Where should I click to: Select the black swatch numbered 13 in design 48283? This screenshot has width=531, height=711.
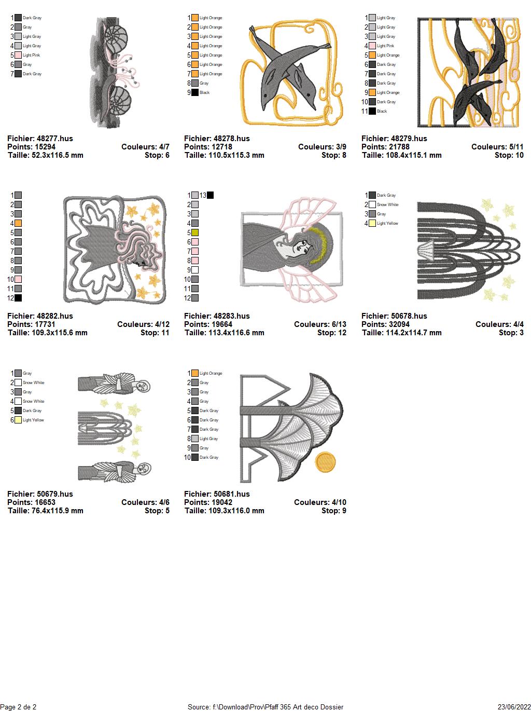210,195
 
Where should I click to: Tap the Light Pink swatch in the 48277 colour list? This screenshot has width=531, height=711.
18,55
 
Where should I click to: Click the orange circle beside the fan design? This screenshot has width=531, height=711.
325,462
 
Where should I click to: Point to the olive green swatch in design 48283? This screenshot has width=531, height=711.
195,233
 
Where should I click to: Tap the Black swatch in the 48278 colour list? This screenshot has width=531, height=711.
195,93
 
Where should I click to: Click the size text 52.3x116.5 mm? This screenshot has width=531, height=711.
57,155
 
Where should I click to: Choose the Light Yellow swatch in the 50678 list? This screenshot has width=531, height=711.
372,223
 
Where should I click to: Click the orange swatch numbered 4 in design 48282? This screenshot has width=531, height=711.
18,223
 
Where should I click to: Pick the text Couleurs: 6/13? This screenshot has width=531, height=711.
320,324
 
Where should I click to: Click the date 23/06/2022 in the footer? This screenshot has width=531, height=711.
514,706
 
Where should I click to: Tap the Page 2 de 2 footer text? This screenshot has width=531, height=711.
18,706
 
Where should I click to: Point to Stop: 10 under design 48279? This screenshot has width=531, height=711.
509,155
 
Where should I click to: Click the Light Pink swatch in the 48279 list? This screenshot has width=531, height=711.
372,46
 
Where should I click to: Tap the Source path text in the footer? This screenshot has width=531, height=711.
265,706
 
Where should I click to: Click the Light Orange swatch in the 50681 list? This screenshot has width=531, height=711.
195,373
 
